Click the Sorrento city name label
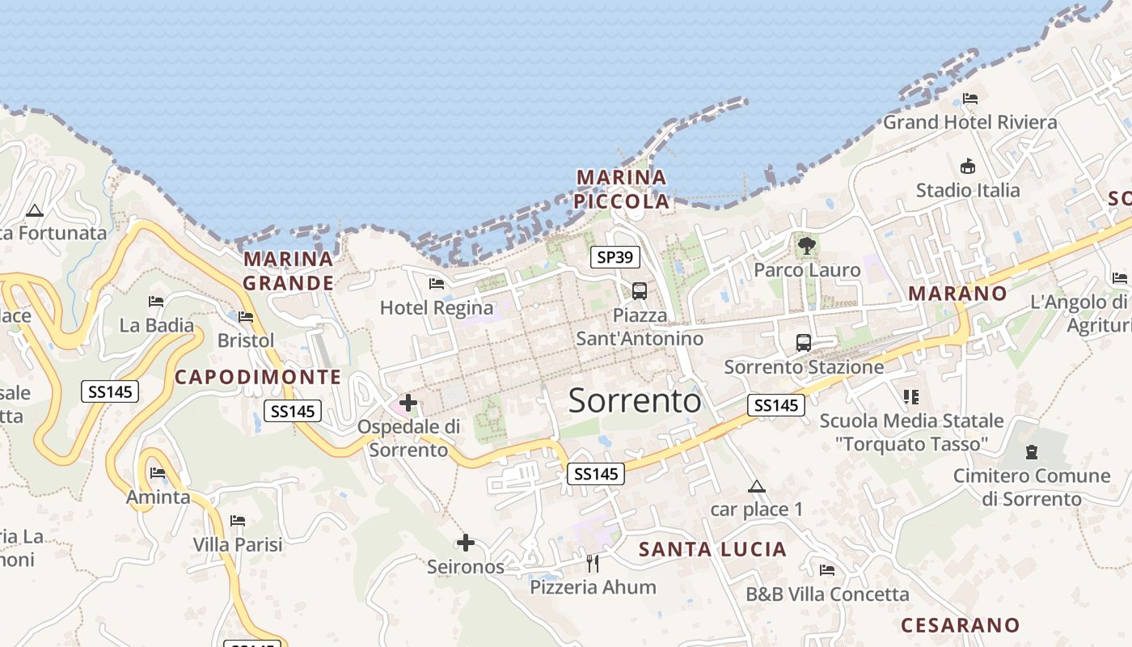coord(635,400)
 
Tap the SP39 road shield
coord(615,257)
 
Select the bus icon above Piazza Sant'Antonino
coord(639,290)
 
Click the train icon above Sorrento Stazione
coord(803,342)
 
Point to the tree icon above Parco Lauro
coord(805,245)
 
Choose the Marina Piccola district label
coord(622,189)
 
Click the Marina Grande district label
coord(289,271)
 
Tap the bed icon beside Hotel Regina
coord(437,283)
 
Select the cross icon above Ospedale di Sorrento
coord(408,402)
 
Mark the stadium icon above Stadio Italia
coord(967,167)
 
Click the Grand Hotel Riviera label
coord(969,122)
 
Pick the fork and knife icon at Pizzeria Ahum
coord(593,563)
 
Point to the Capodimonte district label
coord(258,377)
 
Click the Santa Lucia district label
coord(712,550)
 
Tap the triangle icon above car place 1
coord(756,486)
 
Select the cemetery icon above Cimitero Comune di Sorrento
coord(1031,451)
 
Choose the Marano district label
coord(957,293)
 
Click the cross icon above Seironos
coord(465,543)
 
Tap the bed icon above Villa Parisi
coord(238,520)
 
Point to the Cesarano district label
coord(960,625)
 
